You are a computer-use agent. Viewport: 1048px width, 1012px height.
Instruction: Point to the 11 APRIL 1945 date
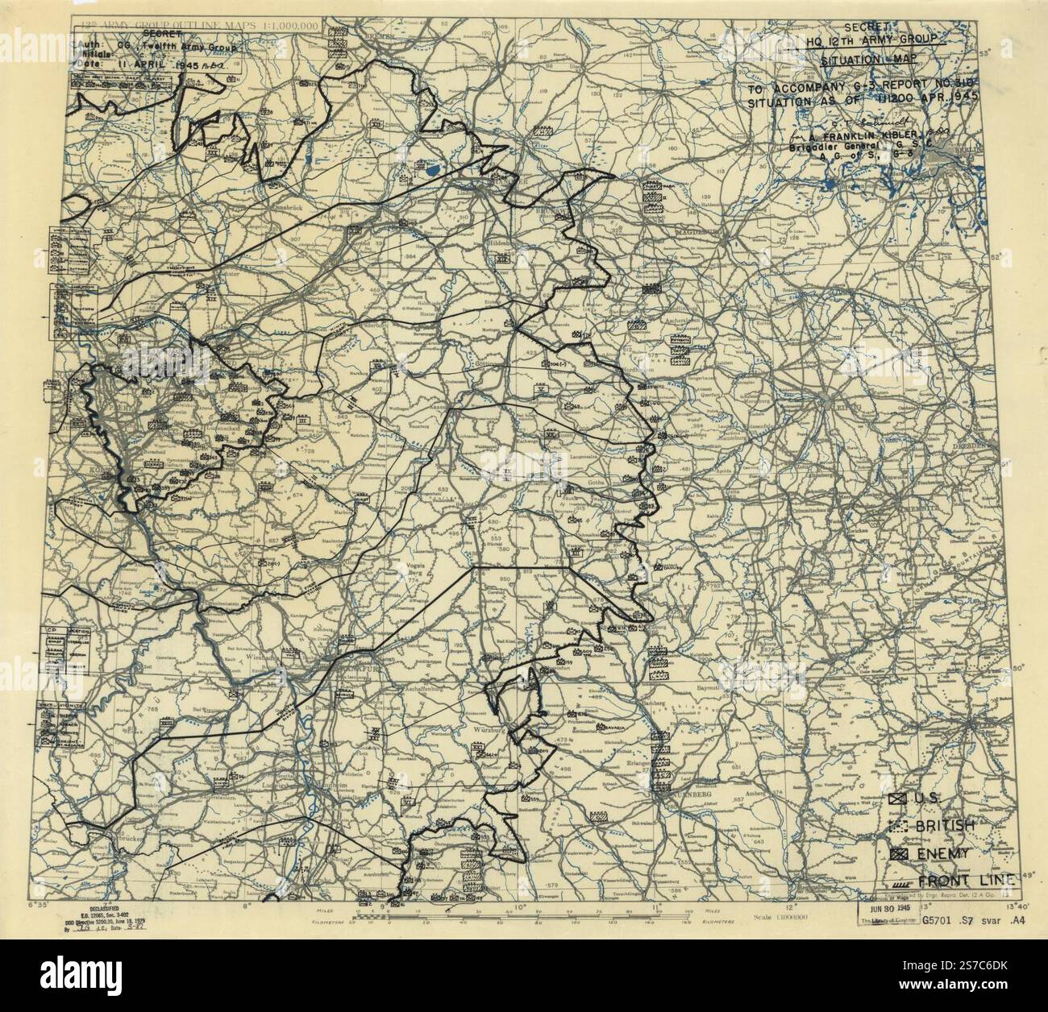tap(161, 64)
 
